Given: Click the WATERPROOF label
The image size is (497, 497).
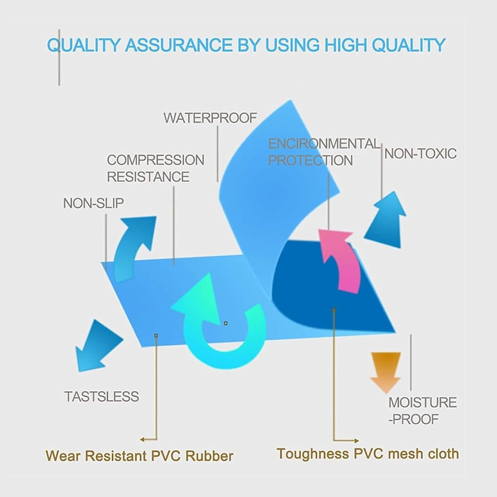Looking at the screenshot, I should pyautogui.click(x=210, y=118).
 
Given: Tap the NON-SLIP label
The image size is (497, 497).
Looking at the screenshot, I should pyautogui.click(x=93, y=203).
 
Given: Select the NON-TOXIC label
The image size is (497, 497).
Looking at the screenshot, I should pyautogui.click(x=420, y=154).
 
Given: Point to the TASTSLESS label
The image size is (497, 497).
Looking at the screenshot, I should pyautogui.click(x=102, y=396).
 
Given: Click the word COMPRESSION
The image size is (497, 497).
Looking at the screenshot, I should pyautogui.click(x=156, y=160).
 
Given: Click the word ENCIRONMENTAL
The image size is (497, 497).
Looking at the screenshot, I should pyautogui.click(x=324, y=144).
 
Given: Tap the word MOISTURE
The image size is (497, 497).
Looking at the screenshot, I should pyautogui.click(x=422, y=402).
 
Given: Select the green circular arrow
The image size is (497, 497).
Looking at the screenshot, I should pyautogui.click(x=221, y=328).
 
